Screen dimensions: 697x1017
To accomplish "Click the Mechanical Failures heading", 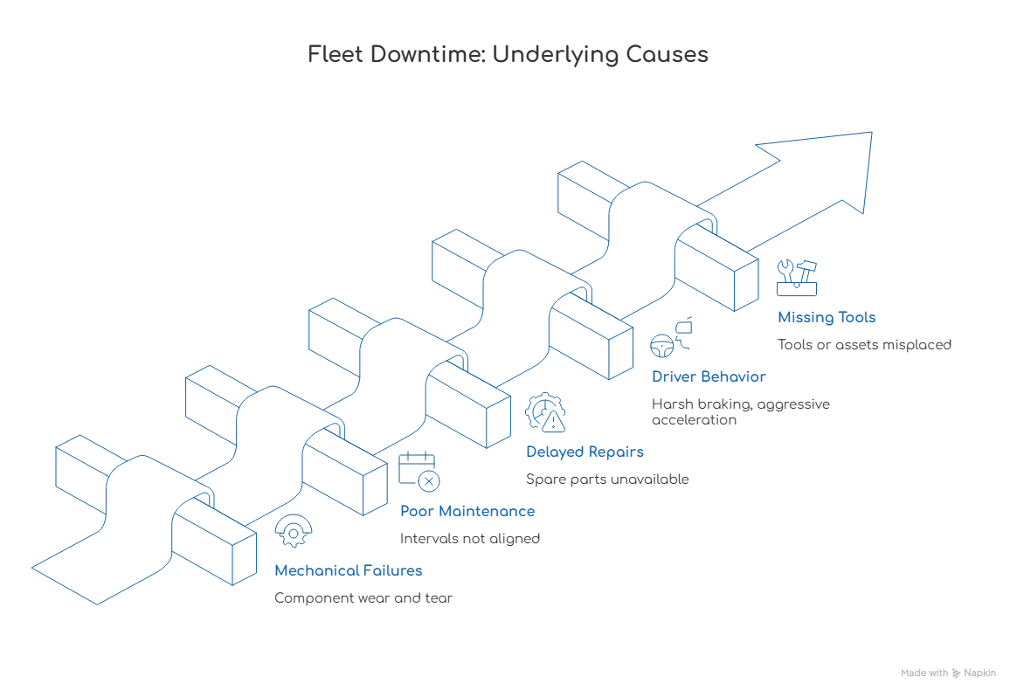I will tap(349, 571).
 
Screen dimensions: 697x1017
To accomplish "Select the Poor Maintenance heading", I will tap(467, 511).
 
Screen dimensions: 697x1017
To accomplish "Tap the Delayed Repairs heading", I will tap(586, 452).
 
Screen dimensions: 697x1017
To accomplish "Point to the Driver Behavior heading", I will tap(709, 377).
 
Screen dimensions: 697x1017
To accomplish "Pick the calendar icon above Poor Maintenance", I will tap(419, 472).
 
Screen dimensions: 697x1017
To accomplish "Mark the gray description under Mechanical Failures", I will tap(363, 600).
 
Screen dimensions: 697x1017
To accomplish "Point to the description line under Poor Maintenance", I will tap(471, 539).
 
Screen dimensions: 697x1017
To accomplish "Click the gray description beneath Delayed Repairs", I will tap(608, 480).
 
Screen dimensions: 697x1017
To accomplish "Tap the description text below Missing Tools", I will tap(867, 343).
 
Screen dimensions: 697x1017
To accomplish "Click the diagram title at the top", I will tap(509, 55).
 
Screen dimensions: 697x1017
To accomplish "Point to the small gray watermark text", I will tap(949, 671).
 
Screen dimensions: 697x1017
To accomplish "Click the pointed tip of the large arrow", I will tap(871, 131).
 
